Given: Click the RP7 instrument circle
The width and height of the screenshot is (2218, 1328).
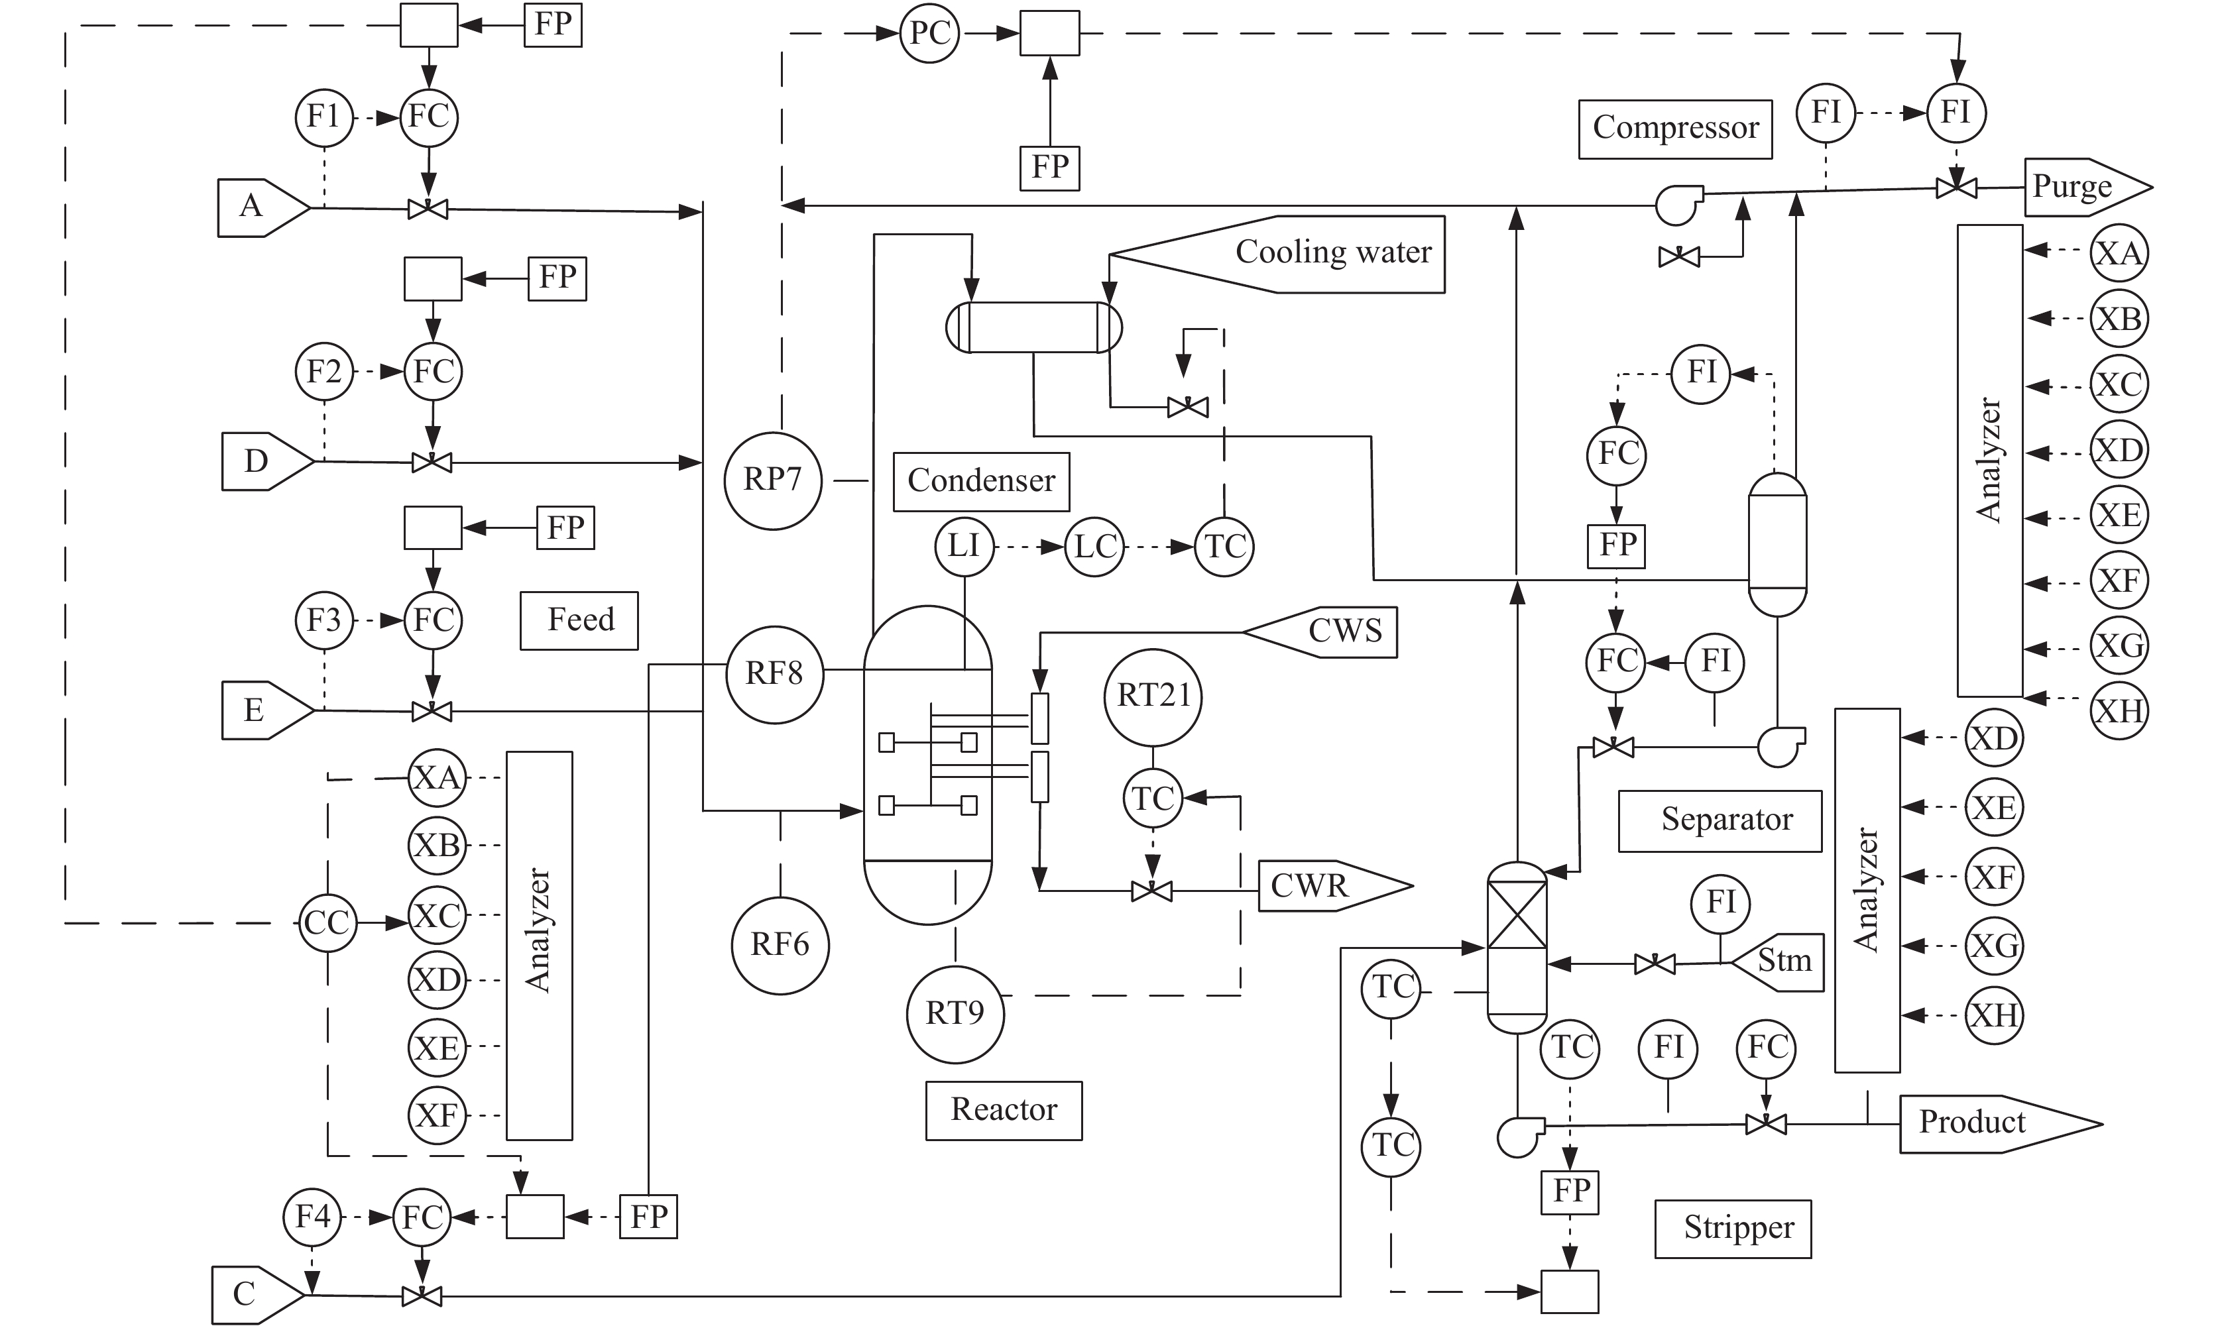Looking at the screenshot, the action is [x=774, y=480].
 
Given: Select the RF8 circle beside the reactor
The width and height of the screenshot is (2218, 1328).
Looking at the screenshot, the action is [x=774, y=674].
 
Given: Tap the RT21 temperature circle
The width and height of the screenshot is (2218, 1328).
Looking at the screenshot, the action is [x=1154, y=697].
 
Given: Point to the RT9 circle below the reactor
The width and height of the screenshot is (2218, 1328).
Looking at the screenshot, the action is [x=955, y=1014].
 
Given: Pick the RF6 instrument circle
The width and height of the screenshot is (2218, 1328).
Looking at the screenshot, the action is [x=780, y=945].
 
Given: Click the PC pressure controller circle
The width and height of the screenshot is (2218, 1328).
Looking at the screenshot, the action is [x=930, y=34].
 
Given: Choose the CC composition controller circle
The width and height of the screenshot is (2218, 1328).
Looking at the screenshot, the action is [x=327, y=922].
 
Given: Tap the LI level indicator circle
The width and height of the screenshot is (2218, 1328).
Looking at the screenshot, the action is [x=964, y=547].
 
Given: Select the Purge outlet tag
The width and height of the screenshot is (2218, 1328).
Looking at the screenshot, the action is [x=2088, y=188].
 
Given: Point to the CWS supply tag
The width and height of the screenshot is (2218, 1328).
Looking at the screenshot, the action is [x=1319, y=633].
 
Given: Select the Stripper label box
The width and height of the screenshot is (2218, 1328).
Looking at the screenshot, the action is [x=1733, y=1229].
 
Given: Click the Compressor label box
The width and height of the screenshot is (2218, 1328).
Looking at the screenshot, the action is [x=1674, y=129].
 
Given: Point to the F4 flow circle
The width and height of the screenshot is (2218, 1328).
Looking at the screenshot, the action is [x=312, y=1217].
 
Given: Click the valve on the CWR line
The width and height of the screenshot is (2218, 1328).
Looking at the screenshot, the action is [x=1152, y=891].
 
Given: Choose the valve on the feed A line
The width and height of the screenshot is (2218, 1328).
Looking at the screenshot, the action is [x=428, y=209].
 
